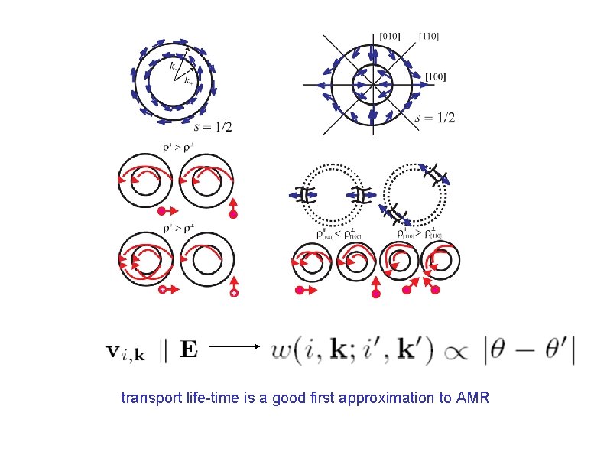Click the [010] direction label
(389, 35)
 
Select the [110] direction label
(429, 35)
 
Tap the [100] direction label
(436, 76)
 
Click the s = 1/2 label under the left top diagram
(213, 127)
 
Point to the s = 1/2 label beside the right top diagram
(434, 118)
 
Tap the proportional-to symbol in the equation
(461, 351)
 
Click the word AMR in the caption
(473, 398)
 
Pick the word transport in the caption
(147, 398)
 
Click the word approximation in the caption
(397, 398)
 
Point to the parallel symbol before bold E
(163, 351)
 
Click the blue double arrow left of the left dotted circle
(300, 195)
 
